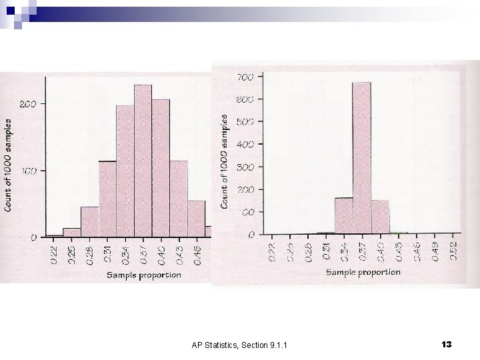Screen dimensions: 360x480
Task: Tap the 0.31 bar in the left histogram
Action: [107, 199]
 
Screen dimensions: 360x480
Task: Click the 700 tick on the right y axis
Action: [245, 77]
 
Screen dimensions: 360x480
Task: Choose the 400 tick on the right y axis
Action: [245, 145]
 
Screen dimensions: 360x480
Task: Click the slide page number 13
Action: [446, 344]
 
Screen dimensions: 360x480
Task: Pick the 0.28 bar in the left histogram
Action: [89, 222]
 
